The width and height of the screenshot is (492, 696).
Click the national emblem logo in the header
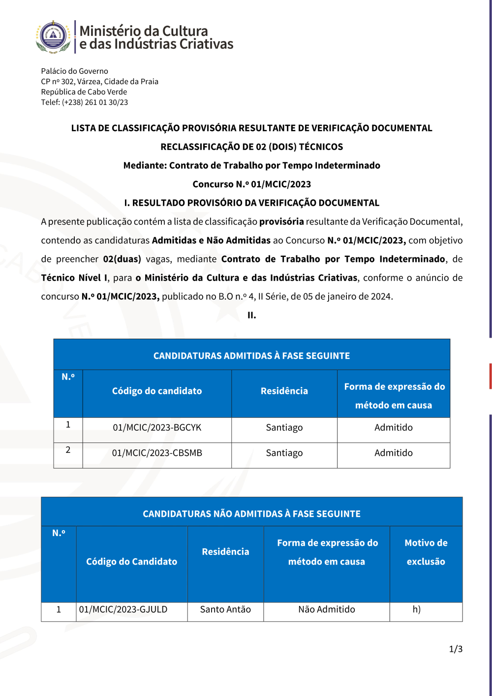(54, 37)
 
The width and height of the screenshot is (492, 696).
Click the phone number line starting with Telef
(84, 102)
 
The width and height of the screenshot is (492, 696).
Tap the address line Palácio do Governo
(74, 71)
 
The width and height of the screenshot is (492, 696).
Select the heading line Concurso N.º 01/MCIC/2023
(251, 184)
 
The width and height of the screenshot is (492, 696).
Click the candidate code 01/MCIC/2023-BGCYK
(157, 427)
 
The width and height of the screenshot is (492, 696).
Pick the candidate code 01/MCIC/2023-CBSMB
(157, 453)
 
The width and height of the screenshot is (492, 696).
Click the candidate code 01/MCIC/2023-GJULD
(123, 609)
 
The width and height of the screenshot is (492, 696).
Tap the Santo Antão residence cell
(225, 609)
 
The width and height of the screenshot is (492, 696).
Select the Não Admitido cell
(326, 609)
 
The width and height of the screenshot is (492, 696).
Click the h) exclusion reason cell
(416, 609)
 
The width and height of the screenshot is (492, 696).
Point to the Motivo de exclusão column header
(426, 552)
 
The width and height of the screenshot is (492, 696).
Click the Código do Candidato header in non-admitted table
(131, 562)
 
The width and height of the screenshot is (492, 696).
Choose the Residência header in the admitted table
(284, 391)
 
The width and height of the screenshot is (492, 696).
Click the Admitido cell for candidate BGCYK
(393, 427)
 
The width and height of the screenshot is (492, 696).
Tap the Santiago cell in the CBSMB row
(284, 453)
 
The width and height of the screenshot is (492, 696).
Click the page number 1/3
(456, 649)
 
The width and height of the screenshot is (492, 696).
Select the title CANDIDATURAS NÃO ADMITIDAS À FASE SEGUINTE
(251, 514)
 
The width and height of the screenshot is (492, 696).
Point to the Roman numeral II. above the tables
(251, 316)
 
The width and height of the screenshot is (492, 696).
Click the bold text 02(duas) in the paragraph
(122, 259)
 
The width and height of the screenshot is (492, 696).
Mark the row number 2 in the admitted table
(68, 450)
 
